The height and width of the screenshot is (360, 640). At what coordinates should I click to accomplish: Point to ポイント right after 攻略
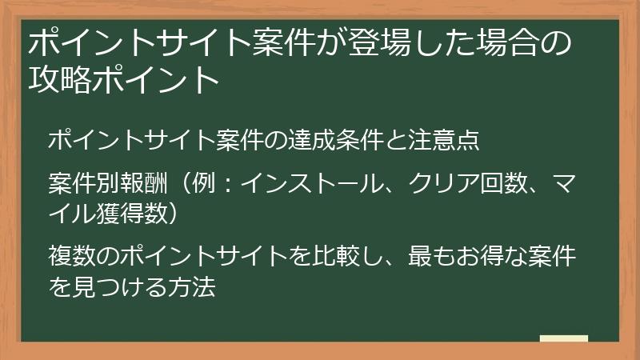pos(151,81)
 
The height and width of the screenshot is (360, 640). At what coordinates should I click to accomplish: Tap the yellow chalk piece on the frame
pos(563,339)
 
